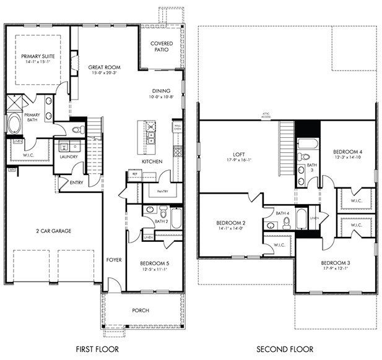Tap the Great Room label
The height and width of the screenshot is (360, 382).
104,67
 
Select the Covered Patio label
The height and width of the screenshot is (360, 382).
161,46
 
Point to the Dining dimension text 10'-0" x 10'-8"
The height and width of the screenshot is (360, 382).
162,96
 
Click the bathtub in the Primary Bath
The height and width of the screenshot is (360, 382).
14,123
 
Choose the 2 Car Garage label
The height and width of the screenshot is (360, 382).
53,231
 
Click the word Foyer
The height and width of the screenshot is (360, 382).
113,260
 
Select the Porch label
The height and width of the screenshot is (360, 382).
141,310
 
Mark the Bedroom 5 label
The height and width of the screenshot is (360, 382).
155,264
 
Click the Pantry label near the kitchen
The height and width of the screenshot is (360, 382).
162,192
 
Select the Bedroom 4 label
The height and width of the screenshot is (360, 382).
346,152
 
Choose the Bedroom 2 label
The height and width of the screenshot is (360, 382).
231,223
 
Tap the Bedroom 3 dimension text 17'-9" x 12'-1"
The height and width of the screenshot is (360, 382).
335,268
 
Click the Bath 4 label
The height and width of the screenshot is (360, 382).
283,213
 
